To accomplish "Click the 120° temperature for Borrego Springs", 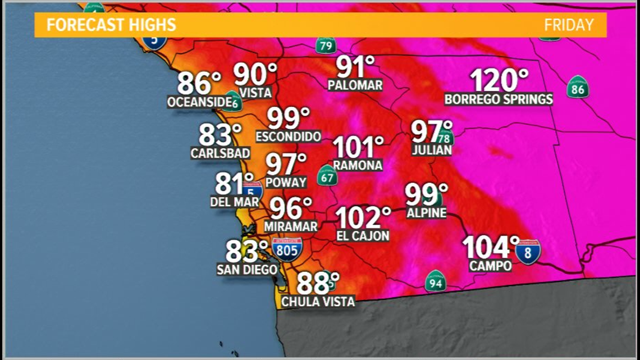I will pos(499,80).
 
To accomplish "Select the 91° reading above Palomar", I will pos(355,67).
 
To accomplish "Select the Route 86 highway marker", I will pos(577,87).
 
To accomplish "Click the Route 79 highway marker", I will pos(326,44).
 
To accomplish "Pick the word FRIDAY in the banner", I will pos(568,25).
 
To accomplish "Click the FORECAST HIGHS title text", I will pos(111,25).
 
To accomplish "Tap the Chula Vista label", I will pos(318,302).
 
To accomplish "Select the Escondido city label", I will pos(289,136).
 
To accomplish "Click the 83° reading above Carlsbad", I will pos(220,135).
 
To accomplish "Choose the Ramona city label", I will pos(358,165).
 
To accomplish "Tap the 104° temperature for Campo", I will pos(491,248).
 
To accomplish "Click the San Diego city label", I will pos(247,270).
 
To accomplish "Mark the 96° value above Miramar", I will pos(291,209).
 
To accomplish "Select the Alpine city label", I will pos(427,213).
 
